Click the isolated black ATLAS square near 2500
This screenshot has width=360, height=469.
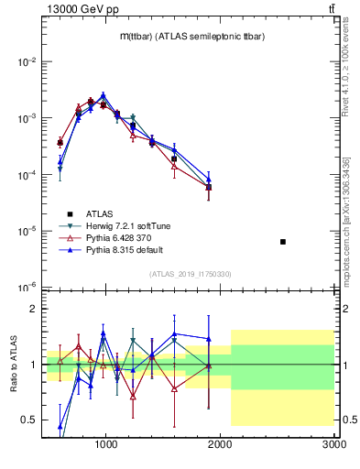pyautogui.click(x=283, y=242)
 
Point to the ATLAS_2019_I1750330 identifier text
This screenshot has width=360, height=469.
pyautogui.click(x=190, y=274)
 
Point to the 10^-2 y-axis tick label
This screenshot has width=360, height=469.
pyautogui.click(x=27, y=62)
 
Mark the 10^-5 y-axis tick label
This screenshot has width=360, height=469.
pyautogui.click(x=27, y=231)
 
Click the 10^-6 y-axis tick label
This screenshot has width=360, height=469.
pyautogui.click(x=27, y=288)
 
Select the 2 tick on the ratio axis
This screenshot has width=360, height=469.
pyautogui.click(x=32, y=309)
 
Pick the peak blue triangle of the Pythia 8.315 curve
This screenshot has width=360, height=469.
pyautogui.click(x=104, y=94)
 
